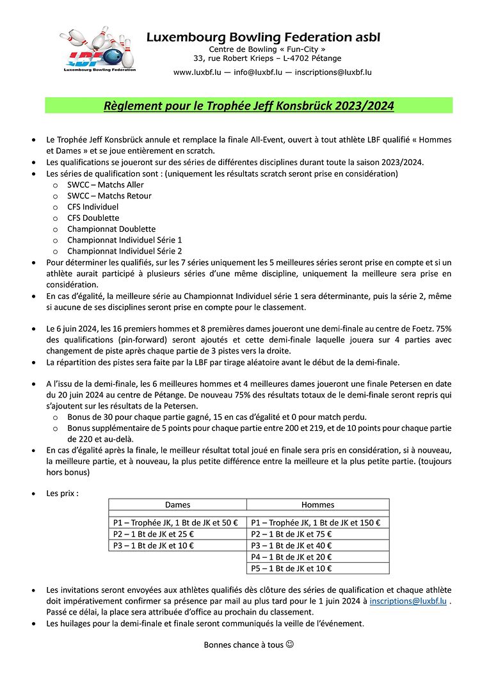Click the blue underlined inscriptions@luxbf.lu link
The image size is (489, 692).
coord(408,602)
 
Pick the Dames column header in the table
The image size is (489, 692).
coord(177,504)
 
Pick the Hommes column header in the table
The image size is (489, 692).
coord(317,504)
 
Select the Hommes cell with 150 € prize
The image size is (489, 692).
coord(317,522)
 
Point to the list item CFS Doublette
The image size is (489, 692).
coord(93,218)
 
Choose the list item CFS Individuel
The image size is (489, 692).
coord(92,207)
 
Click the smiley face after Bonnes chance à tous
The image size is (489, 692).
coord(289,645)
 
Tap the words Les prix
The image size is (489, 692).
coord(62,494)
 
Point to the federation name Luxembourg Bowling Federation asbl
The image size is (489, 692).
coord(263,38)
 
